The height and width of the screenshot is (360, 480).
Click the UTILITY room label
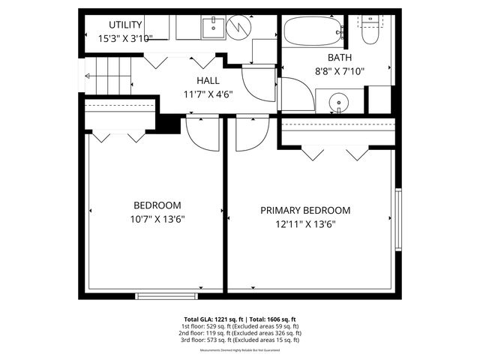pos(126,25)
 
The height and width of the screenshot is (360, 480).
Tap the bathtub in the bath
pos(312,31)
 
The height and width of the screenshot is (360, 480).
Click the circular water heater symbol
pos(239,28)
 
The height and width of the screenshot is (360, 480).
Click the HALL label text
pos(208,81)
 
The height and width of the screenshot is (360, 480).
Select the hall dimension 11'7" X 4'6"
pos(208,94)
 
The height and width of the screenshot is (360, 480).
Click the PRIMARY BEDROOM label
pos(305,211)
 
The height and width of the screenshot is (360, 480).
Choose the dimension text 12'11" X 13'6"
pos(305,223)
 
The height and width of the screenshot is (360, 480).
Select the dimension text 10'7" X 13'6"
pos(157,219)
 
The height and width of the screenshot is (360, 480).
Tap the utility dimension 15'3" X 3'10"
pos(126,38)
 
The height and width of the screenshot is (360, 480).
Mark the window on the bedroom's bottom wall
pos(167,295)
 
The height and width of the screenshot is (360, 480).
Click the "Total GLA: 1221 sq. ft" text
pos(214,319)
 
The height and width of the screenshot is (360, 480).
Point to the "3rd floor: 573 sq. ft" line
pos(240,340)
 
